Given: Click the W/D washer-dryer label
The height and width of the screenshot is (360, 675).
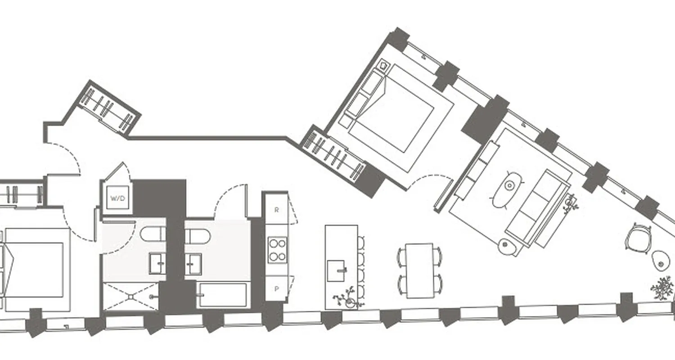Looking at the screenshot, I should click(x=117, y=198).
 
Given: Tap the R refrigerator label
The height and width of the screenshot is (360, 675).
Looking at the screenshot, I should click(x=276, y=210).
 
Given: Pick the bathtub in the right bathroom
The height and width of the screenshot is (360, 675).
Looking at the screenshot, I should click(x=223, y=295).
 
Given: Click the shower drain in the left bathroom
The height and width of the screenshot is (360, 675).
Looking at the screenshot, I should click(x=131, y=296).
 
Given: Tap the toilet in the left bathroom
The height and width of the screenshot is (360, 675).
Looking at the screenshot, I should click(x=153, y=234).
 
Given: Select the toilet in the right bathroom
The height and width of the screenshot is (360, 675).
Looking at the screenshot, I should click(x=197, y=235).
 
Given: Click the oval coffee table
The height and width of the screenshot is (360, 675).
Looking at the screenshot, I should click(x=508, y=189).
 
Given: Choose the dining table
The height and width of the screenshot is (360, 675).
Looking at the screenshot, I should click(x=419, y=270).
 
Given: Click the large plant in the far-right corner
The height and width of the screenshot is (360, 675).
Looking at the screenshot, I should click(x=662, y=288).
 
